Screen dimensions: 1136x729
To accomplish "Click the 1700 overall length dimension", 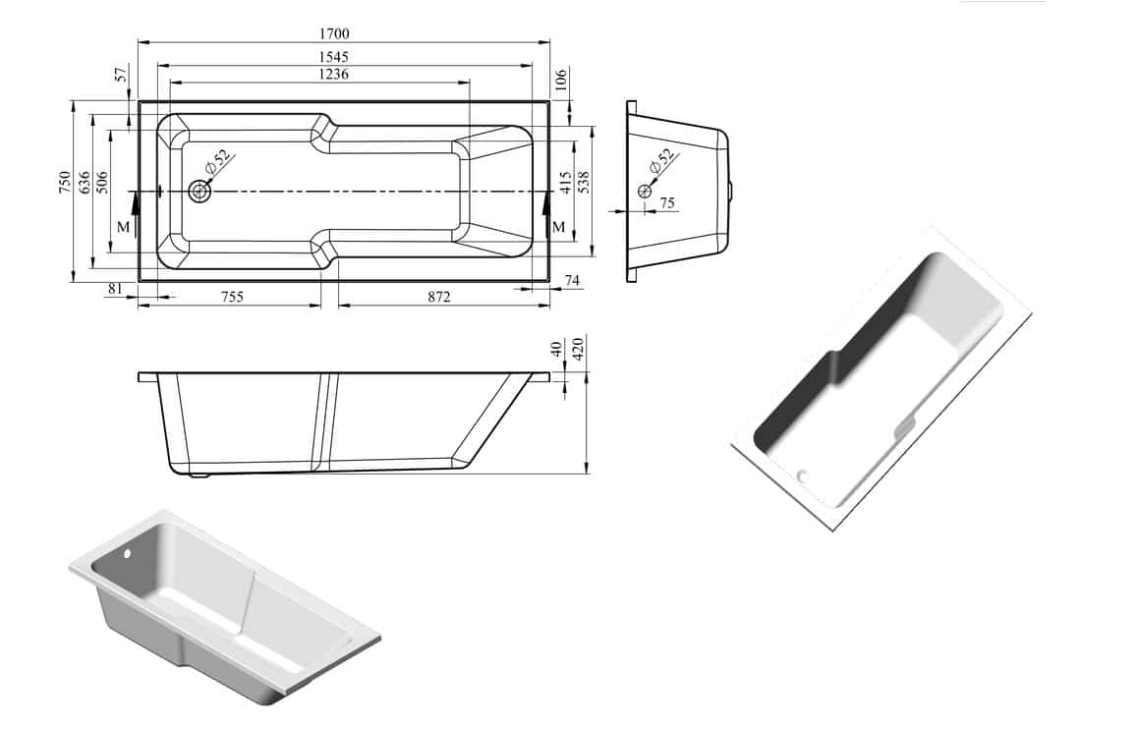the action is (x=334, y=33).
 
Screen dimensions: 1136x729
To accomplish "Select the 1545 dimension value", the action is (x=334, y=57).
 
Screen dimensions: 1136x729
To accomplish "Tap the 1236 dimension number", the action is (x=334, y=74).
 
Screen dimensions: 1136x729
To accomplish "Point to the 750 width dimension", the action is (x=65, y=182).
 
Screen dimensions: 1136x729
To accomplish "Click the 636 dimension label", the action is (x=85, y=182).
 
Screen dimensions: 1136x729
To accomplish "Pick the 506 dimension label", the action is (x=102, y=182).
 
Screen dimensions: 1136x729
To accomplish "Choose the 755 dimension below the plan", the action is (x=232, y=297).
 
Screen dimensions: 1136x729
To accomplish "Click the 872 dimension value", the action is (x=439, y=297).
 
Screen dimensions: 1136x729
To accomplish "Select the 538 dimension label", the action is (x=584, y=182).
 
